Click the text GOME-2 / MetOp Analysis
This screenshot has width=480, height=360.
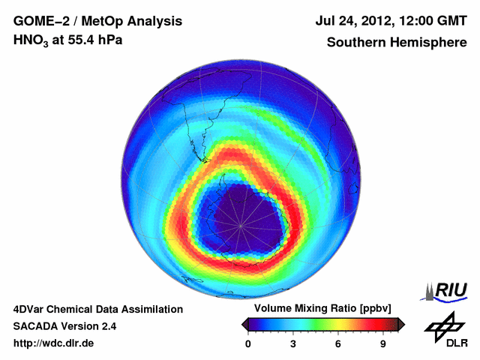(97, 21)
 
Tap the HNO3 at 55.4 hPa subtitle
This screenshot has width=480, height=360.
(68, 40)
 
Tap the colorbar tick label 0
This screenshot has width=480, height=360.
(248, 343)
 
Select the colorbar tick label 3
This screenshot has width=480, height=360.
(293, 343)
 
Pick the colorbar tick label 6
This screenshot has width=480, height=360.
(338, 343)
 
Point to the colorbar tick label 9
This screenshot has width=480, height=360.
(382, 343)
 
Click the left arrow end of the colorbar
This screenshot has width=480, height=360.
(244, 324)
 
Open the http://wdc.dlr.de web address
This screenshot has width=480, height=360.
(54, 343)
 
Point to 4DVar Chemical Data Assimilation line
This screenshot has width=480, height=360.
(97, 309)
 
